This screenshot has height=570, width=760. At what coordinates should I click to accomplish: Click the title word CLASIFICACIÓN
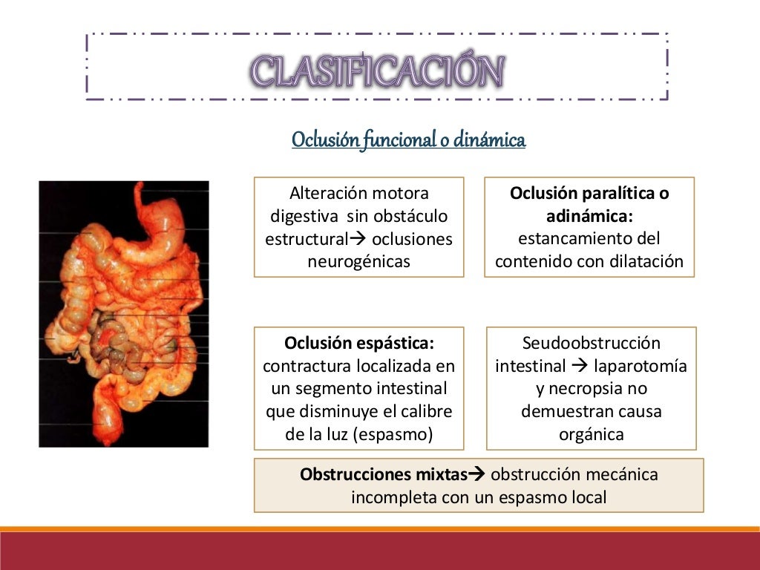pos(378,72)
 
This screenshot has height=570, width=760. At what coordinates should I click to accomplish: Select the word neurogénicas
pos(358,261)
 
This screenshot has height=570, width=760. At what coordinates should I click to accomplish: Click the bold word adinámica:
pos(589,217)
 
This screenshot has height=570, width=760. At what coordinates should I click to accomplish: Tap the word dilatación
pos(646,261)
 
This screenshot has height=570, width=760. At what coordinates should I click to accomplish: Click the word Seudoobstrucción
pos(591,344)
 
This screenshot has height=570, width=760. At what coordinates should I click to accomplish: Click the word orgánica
pos(591,434)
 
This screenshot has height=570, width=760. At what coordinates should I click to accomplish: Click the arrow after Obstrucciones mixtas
pos(478,474)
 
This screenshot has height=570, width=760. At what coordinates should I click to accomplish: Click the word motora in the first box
pos(401,194)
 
